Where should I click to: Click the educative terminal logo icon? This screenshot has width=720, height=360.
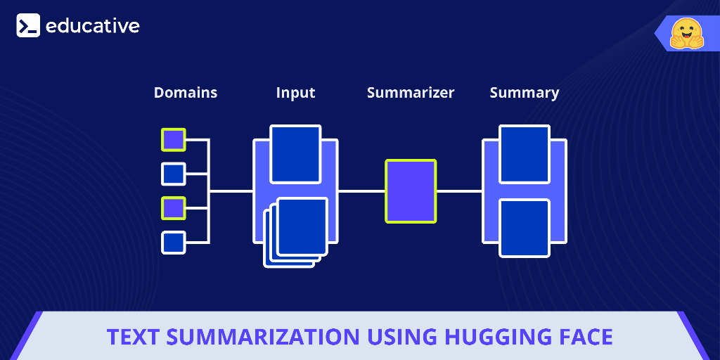click(x=28, y=26)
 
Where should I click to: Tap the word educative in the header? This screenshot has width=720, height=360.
click(x=92, y=26)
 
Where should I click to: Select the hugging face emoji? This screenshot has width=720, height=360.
click(x=686, y=34)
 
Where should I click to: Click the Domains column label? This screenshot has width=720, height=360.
click(x=186, y=93)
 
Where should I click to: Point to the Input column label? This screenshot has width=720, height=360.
click(x=295, y=93)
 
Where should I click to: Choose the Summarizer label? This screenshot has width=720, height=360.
click(x=411, y=93)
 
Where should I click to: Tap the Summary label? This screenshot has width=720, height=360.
click(x=525, y=93)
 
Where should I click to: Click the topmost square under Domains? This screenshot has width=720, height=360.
click(x=174, y=140)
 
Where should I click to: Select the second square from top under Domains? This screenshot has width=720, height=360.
click(x=174, y=174)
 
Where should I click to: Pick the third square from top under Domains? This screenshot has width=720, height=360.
click(x=174, y=208)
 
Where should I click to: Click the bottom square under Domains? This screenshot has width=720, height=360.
click(x=174, y=243)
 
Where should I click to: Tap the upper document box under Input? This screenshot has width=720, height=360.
click(x=295, y=154)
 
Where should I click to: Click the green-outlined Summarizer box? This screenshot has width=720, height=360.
click(x=411, y=191)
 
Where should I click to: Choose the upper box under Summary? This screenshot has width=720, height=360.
click(x=525, y=154)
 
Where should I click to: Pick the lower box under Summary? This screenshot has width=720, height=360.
click(x=525, y=228)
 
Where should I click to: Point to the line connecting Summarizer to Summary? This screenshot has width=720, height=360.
click(x=459, y=191)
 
